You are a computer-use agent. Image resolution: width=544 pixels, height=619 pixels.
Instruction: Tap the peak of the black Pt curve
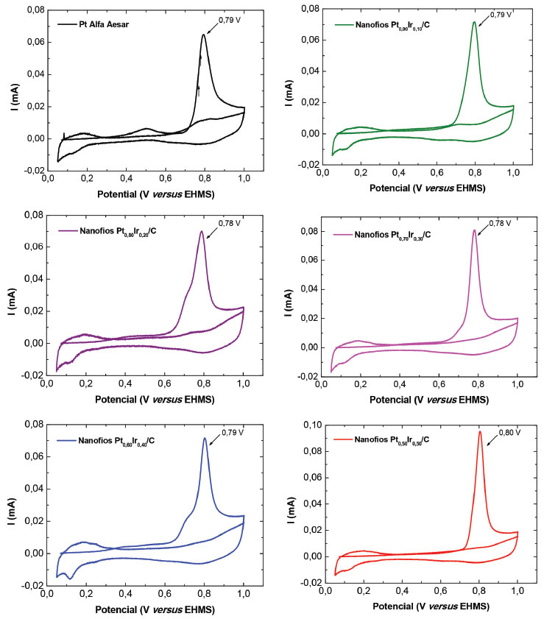pyautogui.click(x=203, y=35)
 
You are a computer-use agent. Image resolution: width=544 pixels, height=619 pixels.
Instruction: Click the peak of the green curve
pyautogui.click(x=474, y=22)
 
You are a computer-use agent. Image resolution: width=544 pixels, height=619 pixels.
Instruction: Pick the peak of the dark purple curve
pyautogui.click(x=202, y=232)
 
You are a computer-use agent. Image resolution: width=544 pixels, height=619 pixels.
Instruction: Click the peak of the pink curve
pyautogui.click(x=474, y=230)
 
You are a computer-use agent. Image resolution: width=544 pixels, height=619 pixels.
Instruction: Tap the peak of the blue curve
pyautogui.click(x=205, y=439)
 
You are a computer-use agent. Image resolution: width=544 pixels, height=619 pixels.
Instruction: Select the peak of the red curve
pyautogui.click(x=480, y=431)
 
